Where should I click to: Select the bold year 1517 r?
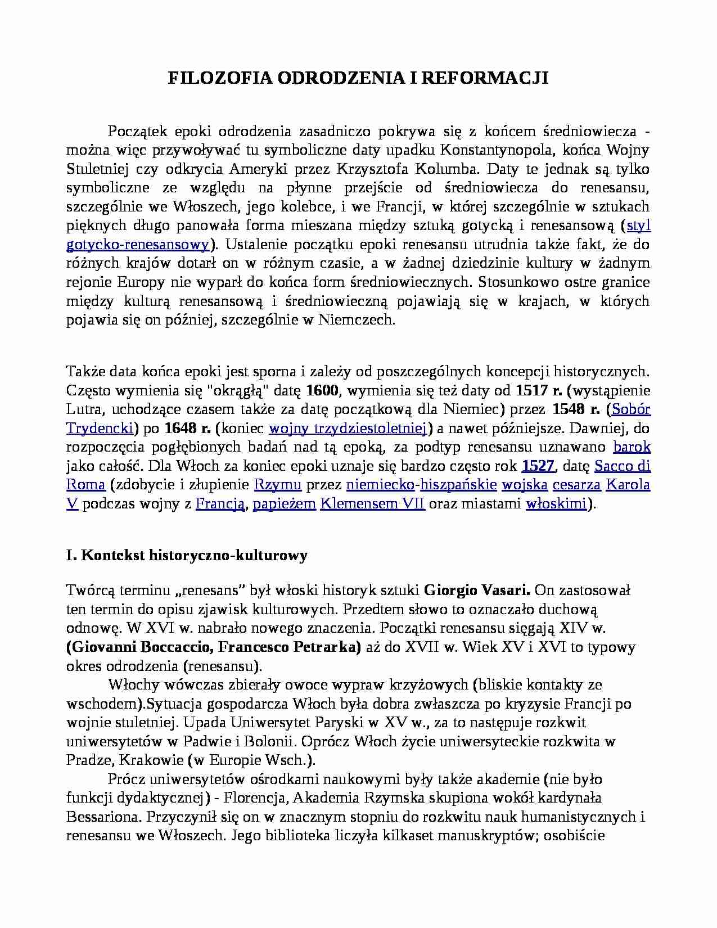click(x=540, y=390)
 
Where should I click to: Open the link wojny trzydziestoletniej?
click(x=346, y=428)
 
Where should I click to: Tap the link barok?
click(x=632, y=447)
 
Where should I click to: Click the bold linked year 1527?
click(x=538, y=466)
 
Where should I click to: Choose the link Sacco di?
click(x=622, y=466)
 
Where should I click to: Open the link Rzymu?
click(x=278, y=485)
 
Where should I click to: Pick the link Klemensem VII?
click(x=372, y=504)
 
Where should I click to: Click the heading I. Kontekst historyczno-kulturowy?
click(x=187, y=556)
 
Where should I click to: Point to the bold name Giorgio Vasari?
click(x=477, y=591)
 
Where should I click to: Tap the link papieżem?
click(x=285, y=504)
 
